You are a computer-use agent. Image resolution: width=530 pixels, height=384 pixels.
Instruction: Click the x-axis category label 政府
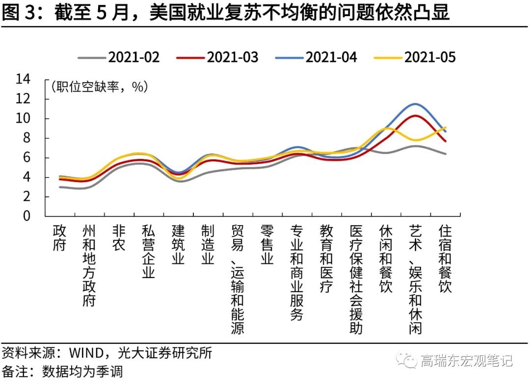pos(59,238)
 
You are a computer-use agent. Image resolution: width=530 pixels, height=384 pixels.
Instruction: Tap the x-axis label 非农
pos(119,238)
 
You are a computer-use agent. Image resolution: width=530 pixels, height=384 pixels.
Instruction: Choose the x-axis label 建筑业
pos(178,245)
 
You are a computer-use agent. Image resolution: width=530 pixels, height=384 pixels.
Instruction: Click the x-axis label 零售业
pos(267,245)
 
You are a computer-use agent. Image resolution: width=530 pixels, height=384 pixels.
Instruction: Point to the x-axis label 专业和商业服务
pos(297,273)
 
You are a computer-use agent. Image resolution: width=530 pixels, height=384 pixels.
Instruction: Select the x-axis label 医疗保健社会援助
pos(356,280)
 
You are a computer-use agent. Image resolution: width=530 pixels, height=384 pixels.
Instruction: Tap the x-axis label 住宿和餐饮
pos(445,259)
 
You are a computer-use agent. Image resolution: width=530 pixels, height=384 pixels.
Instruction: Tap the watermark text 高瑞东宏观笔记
pos(466,361)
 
